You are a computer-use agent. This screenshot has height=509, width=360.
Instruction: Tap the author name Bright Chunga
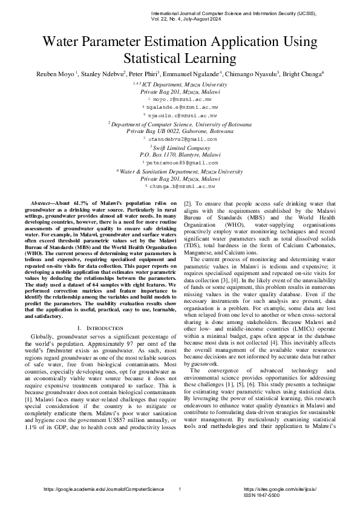[x=305, y=74]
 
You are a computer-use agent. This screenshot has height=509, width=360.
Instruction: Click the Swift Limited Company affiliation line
[x=180, y=147]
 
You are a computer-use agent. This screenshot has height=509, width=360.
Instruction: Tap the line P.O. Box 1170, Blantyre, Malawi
[x=180, y=155]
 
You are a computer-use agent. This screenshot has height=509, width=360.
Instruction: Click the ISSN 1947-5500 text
[x=261, y=494]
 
